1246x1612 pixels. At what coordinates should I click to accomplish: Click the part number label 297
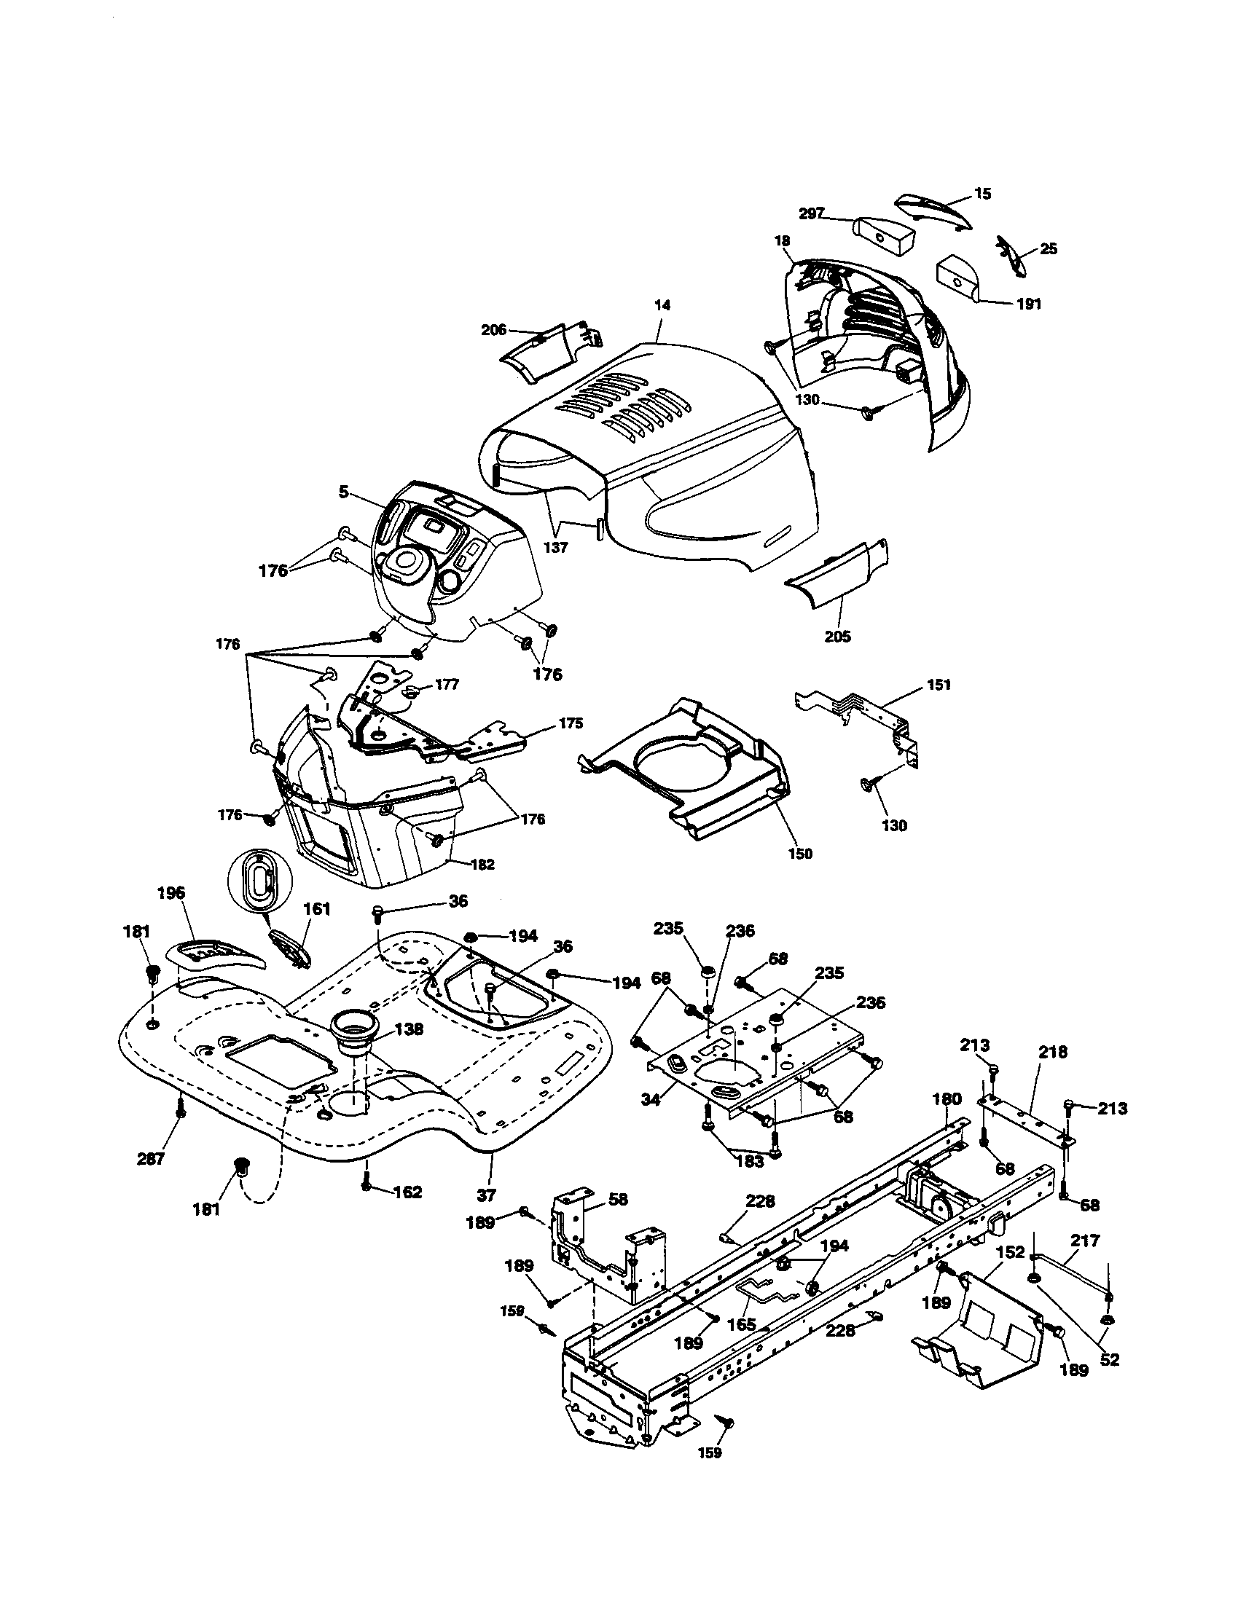coord(811,214)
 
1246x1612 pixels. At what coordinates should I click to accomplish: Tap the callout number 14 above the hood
coord(662,304)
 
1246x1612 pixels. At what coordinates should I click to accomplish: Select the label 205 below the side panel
coord(837,637)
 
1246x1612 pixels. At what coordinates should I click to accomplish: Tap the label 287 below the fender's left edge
coord(151,1159)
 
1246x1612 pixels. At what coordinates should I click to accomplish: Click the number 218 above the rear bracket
coord(1053,1052)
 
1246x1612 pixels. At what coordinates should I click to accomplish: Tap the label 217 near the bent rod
coord(1085,1241)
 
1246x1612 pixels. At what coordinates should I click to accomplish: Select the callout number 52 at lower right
coord(1110,1359)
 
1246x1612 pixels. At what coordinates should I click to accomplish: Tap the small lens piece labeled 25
coord(1011,256)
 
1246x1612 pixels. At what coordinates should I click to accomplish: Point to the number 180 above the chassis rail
coord(947,1120)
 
